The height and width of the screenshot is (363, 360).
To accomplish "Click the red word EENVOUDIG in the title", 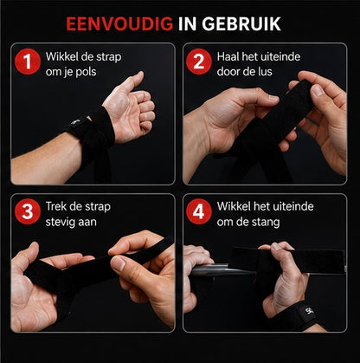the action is pyautogui.click(x=119, y=24).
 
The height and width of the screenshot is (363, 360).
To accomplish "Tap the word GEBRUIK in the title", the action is pyautogui.click(x=241, y=24).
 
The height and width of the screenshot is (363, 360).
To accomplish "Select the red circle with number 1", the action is pyautogui.click(x=28, y=62).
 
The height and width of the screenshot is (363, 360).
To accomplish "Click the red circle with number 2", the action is pyautogui.click(x=199, y=62).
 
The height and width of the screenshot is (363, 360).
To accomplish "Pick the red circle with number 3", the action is pyautogui.click(x=28, y=211).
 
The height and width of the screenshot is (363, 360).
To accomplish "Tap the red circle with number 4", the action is pyautogui.click(x=199, y=211).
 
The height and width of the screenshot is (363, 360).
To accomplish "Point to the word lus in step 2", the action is pyautogui.click(x=264, y=72).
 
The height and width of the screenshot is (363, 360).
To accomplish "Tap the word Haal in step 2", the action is pyautogui.click(x=228, y=56).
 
